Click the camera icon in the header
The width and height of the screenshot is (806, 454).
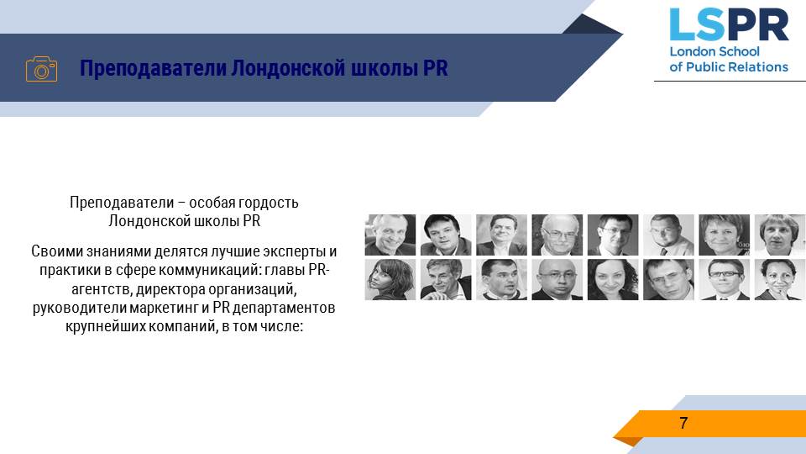coord(42,69)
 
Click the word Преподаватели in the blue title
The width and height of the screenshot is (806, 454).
coord(153,68)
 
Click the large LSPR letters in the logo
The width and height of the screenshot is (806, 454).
coord(729,24)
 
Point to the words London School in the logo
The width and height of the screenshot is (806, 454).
coord(714,51)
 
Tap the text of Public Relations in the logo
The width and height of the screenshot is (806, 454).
coord(729,67)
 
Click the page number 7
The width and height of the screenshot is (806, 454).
coord(683,423)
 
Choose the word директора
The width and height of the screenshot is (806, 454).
coord(170,289)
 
